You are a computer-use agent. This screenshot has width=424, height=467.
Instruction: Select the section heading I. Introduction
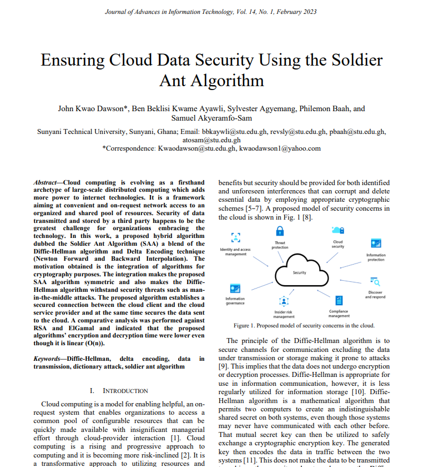point(119,391)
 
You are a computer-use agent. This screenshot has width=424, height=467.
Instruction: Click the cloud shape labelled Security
point(300,272)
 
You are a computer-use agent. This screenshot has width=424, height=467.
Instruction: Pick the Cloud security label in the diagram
point(337,244)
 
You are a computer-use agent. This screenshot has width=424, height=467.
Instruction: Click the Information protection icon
point(376,244)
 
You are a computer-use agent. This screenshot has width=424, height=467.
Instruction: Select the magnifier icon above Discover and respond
point(375,281)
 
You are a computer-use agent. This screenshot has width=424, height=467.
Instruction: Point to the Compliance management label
point(339,314)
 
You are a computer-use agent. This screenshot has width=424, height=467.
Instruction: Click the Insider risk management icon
point(284,301)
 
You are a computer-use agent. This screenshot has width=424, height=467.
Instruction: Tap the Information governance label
point(235,301)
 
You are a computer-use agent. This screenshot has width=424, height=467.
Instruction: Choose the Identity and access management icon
point(235,237)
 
